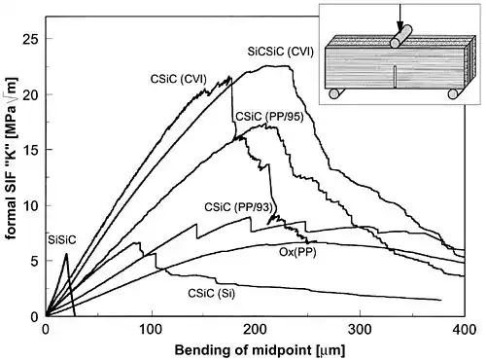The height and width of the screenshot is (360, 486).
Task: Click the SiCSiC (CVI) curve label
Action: point(281,52)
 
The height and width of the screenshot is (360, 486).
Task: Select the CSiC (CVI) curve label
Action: point(178,79)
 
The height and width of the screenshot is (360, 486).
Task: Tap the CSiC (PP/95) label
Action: point(269,117)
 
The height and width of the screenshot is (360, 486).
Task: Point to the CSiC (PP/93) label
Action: point(238,207)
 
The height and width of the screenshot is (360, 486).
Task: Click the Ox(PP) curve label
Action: point(297,252)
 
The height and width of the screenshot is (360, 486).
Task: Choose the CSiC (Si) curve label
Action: point(211,293)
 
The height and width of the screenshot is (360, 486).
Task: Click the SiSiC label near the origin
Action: point(62,240)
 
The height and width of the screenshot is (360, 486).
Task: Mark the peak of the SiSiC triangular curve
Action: point(66,254)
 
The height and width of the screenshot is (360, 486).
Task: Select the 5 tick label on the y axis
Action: point(34,261)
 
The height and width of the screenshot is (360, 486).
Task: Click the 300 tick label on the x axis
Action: point(361,330)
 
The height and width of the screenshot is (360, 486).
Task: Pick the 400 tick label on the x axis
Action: point(465,330)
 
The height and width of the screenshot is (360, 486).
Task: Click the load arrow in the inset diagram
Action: point(400,17)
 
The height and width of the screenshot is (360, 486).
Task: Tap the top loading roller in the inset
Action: point(400,36)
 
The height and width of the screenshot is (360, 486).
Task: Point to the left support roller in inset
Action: point(334,93)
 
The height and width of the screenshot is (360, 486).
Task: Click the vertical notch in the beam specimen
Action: point(395,77)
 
